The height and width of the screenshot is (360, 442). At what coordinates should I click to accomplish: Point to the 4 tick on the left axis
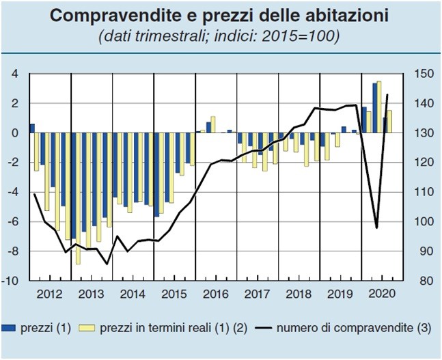(14, 74)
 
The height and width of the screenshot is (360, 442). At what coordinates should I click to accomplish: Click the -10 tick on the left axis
(11, 281)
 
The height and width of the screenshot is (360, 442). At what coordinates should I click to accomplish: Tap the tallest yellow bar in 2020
(378, 107)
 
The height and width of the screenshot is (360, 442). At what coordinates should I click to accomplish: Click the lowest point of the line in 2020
(376, 227)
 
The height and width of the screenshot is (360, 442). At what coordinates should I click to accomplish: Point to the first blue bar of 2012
(31, 128)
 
